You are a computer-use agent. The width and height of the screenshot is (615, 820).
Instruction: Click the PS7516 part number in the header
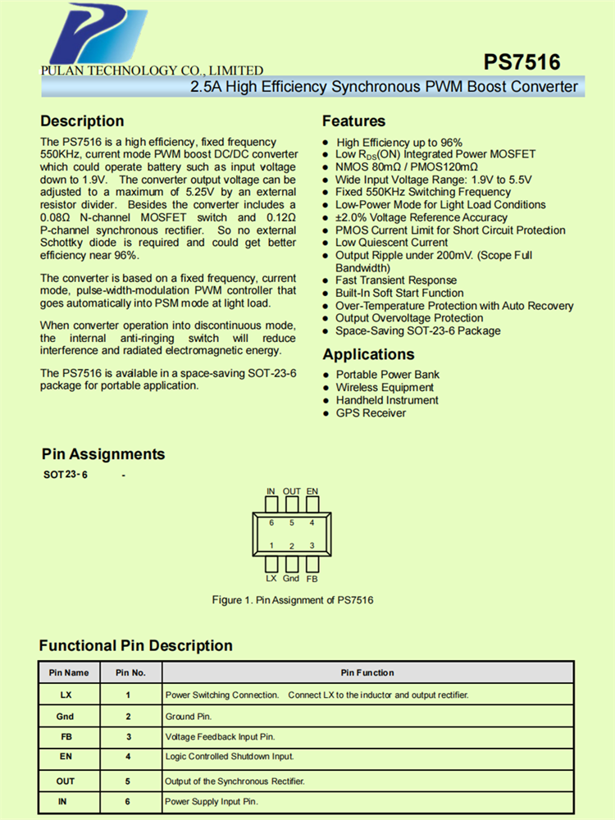click(x=522, y=63)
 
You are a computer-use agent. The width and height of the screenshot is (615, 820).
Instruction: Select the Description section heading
click(x=82, y=121)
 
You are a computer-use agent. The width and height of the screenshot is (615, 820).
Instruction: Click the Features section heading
click(x=353, y=121)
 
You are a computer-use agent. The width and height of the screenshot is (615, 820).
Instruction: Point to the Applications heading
click(x=368, y=354)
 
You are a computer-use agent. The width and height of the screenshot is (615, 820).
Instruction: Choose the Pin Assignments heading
click(x=103, y=454)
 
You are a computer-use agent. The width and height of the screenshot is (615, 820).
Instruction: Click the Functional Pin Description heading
click(x=135, y=645)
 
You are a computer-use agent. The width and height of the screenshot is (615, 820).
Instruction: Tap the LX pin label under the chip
click(x=271, y=578)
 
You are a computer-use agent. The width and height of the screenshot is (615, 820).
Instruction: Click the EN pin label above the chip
click(x=312, y=491)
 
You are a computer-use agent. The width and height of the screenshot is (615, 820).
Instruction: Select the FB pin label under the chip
click(x=312, y=578)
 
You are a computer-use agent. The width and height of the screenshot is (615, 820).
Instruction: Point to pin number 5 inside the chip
click(x=291, y=522)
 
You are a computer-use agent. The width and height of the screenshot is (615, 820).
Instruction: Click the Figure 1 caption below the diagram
click(x=293, y=600)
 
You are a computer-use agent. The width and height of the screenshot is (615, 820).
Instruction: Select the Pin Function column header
click(x=367, y=672)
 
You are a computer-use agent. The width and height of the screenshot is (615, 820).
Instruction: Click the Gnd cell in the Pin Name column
click(x=65, y=716)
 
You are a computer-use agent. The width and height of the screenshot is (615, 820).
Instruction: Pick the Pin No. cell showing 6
click(x=129, y=801)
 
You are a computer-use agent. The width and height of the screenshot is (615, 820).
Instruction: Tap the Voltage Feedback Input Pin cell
click(x=221, y=737)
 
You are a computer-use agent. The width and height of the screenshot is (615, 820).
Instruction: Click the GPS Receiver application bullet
click(x=371, y=413)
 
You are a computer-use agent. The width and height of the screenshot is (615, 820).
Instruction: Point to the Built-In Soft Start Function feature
click(x=399, y=293)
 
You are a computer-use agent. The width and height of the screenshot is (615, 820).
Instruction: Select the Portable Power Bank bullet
click(x=387, y=375)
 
